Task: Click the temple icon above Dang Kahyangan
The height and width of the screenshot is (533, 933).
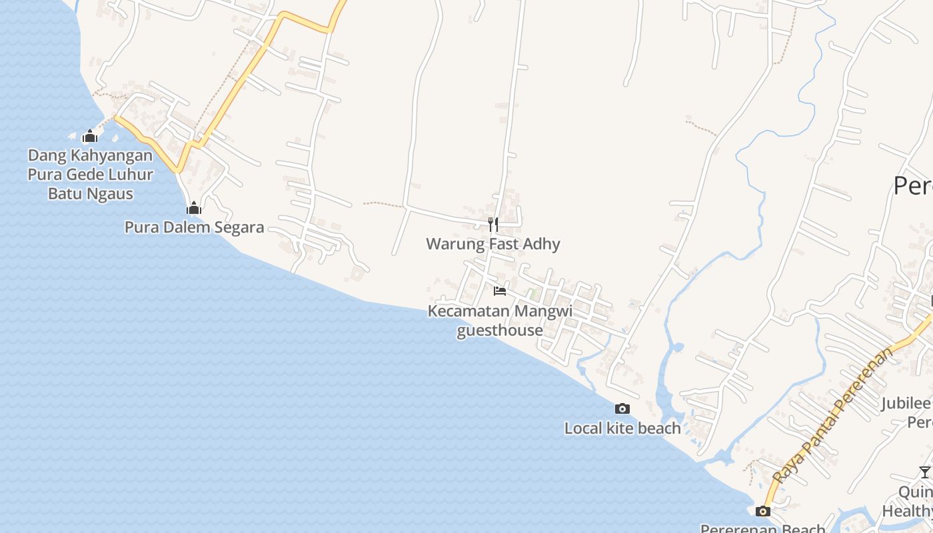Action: (90, 137)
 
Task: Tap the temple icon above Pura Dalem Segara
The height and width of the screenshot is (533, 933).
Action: (194, 209)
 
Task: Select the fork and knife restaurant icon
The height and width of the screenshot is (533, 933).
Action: (493, 224)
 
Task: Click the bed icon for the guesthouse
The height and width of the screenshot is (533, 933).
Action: (500, 290)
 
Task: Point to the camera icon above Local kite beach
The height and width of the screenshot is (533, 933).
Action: (622, 408)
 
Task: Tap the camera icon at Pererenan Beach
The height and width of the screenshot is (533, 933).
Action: (763, 511)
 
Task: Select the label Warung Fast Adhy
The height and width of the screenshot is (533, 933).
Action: (493, 244)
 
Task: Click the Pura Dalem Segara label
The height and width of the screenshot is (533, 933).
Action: (194, 228)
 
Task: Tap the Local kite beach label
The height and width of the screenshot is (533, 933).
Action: (622, 428)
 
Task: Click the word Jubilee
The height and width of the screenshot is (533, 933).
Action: (906, 403)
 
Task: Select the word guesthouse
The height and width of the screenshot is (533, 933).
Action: (500, 330)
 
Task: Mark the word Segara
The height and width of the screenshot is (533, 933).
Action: (237, 228)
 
